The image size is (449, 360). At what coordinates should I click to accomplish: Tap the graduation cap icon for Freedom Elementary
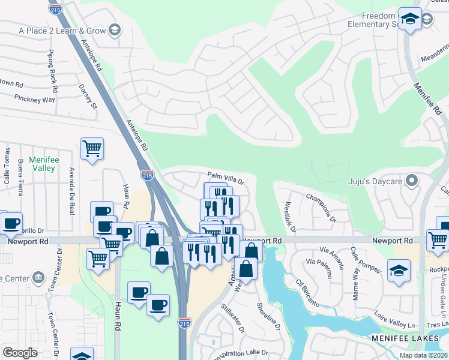(x=411, y=20)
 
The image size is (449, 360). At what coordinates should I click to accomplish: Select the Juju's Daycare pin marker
(x=412, y=180)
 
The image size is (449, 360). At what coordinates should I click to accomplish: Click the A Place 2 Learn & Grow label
(x=62, y=30)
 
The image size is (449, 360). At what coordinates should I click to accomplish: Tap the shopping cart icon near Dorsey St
(x=92, y=148)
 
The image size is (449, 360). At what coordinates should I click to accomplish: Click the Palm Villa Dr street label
(x=225, y=178)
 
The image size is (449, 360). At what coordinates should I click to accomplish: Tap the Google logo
(x=20, y=352)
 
